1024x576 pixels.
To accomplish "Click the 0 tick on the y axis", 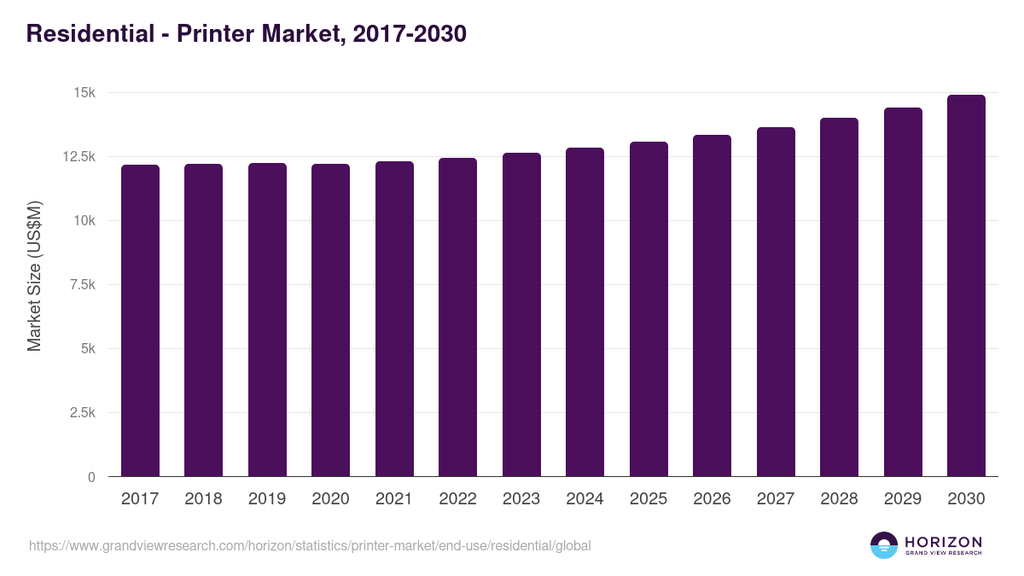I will [91, 477].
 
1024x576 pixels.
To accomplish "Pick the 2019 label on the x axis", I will [267, 499].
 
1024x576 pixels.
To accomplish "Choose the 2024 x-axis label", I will [585, 499].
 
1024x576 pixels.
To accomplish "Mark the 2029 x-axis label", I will [902, 499].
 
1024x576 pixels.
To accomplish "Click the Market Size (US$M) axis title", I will [34, 276].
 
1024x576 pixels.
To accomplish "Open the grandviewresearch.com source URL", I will [310, 545].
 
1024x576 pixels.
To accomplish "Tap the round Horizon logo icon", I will [884, 545].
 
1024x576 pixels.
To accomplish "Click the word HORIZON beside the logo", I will [943, 542].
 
